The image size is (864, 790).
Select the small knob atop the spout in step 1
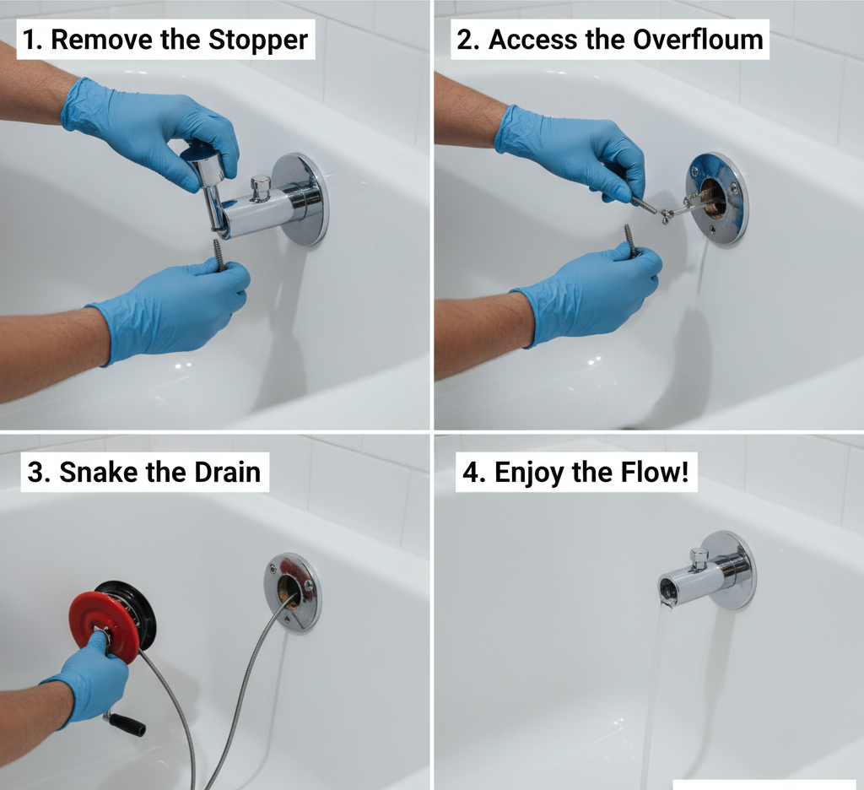click(x=262, y=186)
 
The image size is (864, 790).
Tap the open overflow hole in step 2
click(x=714, y=199)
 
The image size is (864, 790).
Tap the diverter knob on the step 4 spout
click(x=699, y=557)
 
